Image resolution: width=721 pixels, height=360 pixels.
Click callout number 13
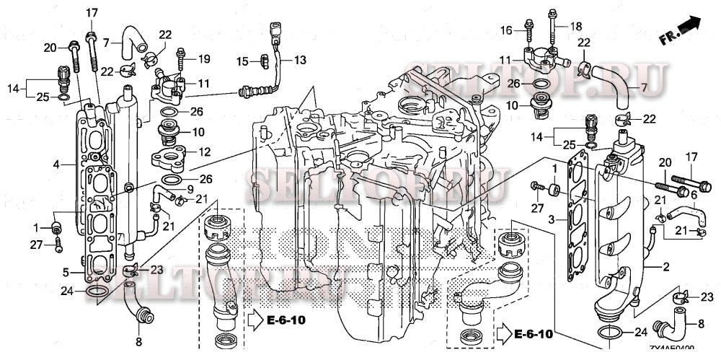point(299,59)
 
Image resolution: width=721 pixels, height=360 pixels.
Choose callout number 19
point(203,58)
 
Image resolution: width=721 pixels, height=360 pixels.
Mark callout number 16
point(505,30)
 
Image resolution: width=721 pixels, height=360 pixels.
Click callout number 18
point(575,26)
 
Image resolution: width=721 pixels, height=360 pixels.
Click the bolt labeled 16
point(528,30)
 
